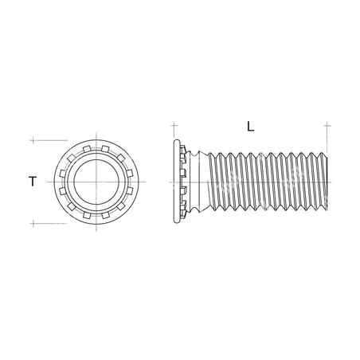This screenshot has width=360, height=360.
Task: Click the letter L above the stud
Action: (251, 126)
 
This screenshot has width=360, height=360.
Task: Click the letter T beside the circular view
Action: (32, 182)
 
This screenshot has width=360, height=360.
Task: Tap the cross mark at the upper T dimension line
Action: (32, 140)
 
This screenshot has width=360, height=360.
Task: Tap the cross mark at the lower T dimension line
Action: (32, 223)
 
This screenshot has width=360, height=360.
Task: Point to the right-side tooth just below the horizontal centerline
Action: (129, 190)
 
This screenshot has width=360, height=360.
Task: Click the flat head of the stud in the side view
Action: (174, 182)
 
